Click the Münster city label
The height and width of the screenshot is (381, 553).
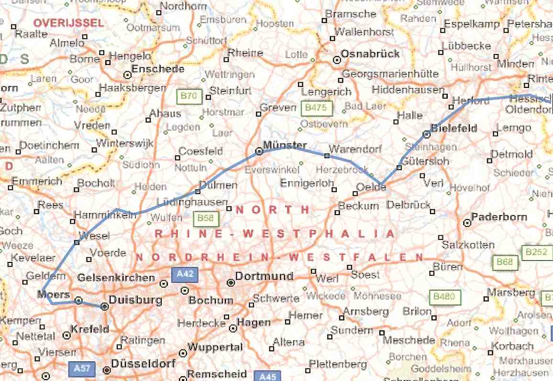[285, 145]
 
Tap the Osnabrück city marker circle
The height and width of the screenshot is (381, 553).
[337, 60]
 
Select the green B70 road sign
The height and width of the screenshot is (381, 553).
[188, 96]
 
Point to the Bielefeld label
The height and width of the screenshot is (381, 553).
[454, 128]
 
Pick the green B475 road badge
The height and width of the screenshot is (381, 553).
[317, 108]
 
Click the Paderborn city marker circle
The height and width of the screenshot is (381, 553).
[467, 223]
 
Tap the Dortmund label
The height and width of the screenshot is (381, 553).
[264, 276]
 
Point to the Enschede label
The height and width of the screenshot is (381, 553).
[158, 69]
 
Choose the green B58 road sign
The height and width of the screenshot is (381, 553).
[206, 219]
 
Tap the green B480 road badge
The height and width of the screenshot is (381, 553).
[444, 297]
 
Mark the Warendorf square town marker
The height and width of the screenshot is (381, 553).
[327, 156]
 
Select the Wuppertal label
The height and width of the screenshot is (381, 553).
[215, 347]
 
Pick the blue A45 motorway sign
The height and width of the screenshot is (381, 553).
[267, 376]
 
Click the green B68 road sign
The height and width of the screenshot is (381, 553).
[505, 261]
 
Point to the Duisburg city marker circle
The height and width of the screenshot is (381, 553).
[105, 306]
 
